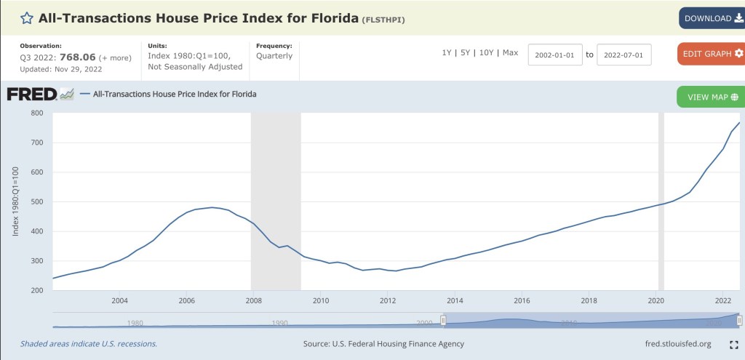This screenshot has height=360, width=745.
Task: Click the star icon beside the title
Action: click(x=26, y=18)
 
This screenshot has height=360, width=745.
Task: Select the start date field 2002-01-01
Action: click(x=556, y=55)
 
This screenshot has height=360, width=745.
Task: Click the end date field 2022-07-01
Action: click(x=624, y=55)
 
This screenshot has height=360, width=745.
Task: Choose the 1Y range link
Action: click(x=447, y=52)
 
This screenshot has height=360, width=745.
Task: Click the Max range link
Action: click(x=511, y=52)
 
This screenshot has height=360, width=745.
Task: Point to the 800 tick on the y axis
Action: click(x=37, y=113)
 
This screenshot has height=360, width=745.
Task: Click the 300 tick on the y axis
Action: click(x=37, y=261)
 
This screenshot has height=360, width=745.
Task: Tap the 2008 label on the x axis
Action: click(x=253, y=300)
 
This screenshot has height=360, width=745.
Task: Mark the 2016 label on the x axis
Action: click(x=521, y=300)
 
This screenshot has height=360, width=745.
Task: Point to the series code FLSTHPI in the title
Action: click(x=383, y=20)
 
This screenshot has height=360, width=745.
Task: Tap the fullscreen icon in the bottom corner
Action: click(x=734, y=344)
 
